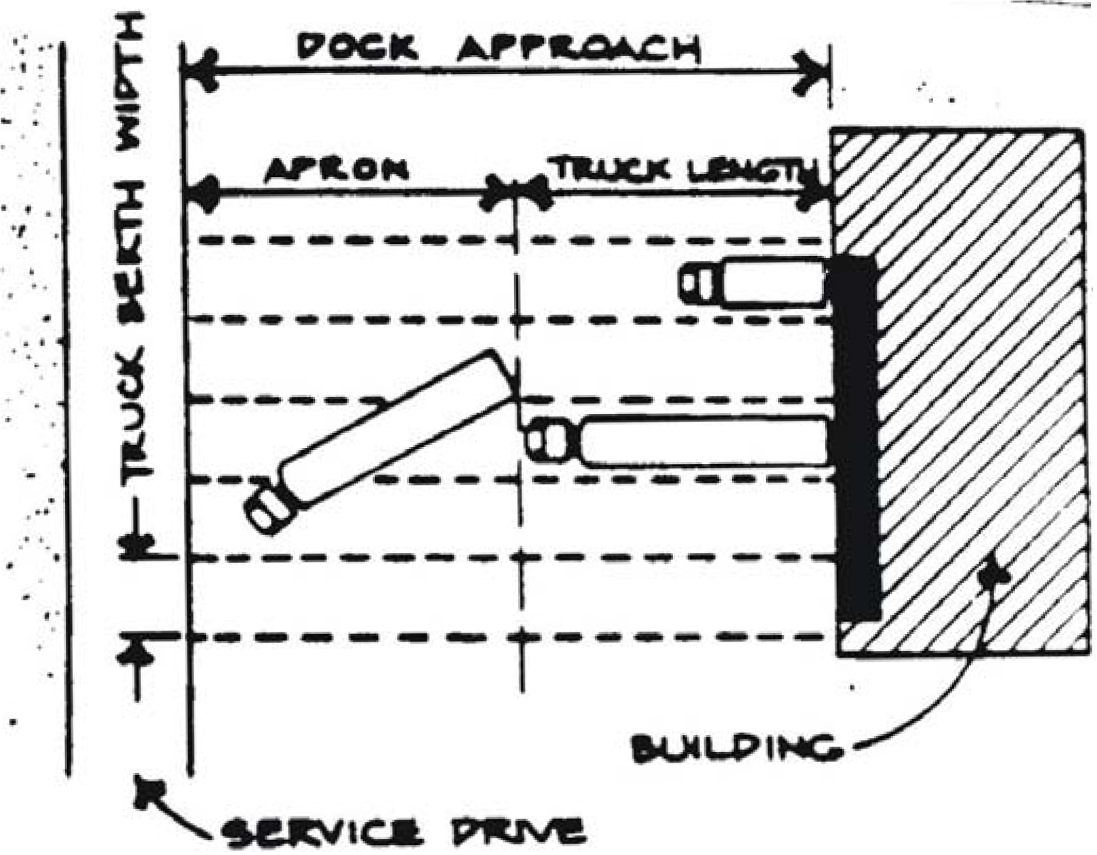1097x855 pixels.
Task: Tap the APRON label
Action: [336, 169]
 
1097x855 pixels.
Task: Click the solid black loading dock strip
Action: [856, 437]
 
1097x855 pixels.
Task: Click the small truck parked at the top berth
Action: [755, 283]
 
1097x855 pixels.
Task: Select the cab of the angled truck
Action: [270, 509]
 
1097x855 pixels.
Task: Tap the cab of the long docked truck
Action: [548, 440]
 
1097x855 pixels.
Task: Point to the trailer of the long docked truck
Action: [704, 441]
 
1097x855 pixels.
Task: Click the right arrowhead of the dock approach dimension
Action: [813, 69]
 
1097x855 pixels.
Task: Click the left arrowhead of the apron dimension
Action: [202, 193]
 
